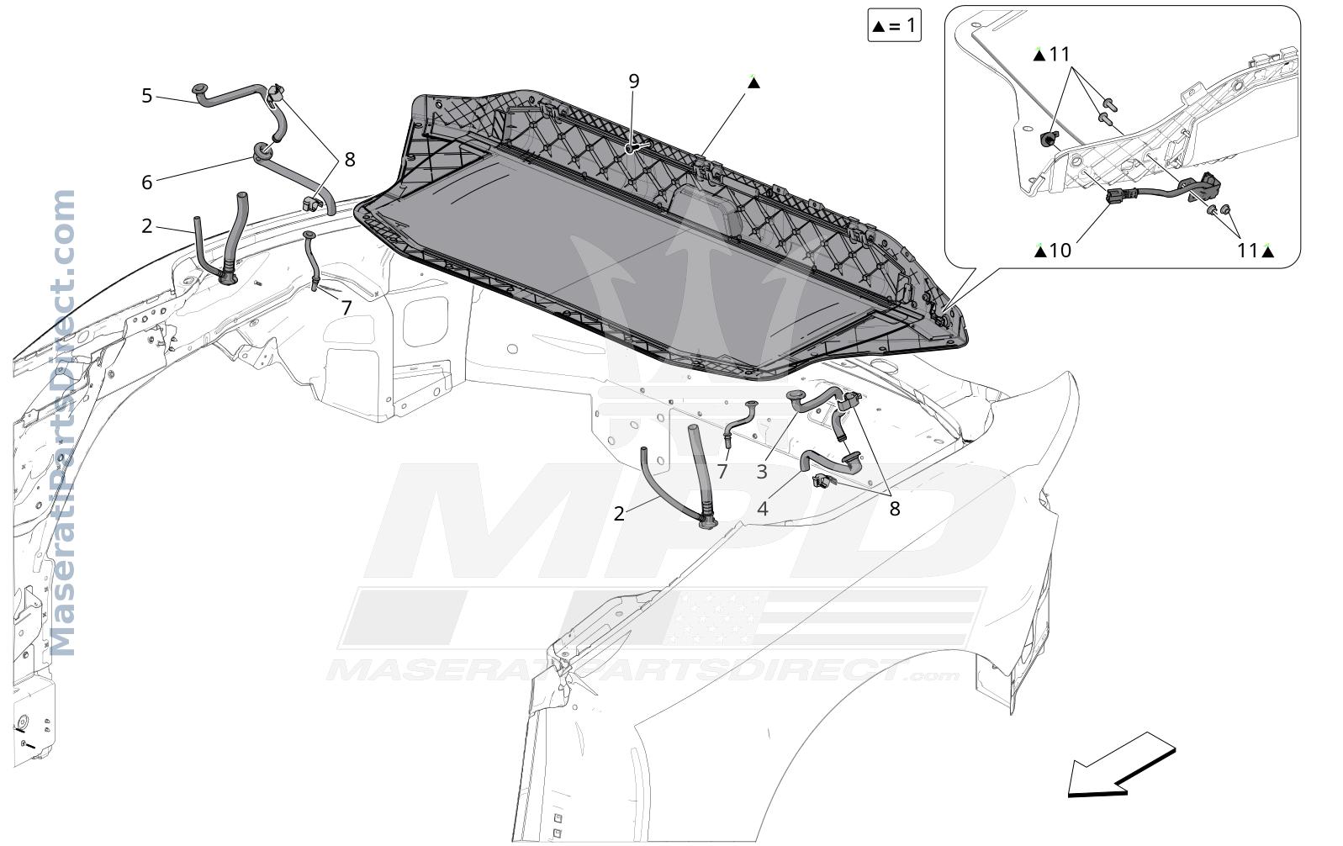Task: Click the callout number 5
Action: pyautogui.click(x=147, y=96)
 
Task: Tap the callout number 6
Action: pyautogui.click(x=147, y=182)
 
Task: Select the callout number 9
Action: pyautogui.click(x=634, y=81)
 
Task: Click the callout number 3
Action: pyautogui.click(x=761, y=472)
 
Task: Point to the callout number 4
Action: pyautogui.click(x=762, y=509)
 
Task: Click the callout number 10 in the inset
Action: pyautogui.click(x=1060, y=251)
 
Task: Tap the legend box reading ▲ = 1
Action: pyautogui.click(x=894, y=25)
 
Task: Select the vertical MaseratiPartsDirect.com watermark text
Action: pyautogui.click(x=64, y=423)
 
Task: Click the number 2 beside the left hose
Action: pyautogui.click(x=147, y=226)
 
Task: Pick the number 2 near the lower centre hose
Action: pyautogui.click(x=619, y=514)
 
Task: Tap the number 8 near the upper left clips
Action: pyautogui.click(x=350, y=160)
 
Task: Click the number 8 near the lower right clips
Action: pyautogui.click(x=895, y=509)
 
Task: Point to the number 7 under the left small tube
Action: pyautogui.click(x=346, y=308)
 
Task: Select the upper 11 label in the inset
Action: pyautogui.click(x=1060, y=55)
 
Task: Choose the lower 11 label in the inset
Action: pyautogui.click(x=1248, y=251)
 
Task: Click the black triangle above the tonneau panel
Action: pyautogui.click(x=753, y=82)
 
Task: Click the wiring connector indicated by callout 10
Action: pyautogui.click(x=1118, y=196)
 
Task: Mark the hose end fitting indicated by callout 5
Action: pyautogui.click(x=199, y=91)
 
